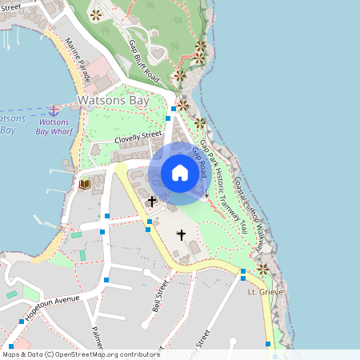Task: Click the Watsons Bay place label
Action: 113,101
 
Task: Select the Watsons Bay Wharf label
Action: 58,126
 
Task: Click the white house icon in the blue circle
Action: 180,173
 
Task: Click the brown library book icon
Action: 85,185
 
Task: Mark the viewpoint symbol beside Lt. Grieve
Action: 262,269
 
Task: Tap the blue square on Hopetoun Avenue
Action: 22,322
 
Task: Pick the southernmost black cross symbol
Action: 181,235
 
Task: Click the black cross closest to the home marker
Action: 152,200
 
